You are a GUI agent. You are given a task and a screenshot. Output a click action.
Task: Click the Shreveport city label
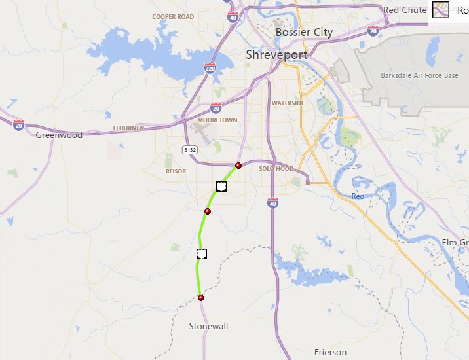(276, 55)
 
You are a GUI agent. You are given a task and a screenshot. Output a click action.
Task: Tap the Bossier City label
(304, 32)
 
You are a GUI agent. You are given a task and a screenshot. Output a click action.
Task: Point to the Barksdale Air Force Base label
(419, 75)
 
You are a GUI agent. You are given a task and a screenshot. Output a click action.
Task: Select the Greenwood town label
(59, 135)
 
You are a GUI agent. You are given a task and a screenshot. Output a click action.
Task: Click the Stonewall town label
(208, 326)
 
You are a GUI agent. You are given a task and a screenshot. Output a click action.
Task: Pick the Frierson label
(330, 352)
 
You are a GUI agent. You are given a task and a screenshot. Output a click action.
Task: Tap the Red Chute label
(404, 10)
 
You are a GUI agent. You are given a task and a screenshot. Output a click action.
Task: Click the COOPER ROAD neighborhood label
(173, 17)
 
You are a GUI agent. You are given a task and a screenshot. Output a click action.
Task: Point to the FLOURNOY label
(128, 128)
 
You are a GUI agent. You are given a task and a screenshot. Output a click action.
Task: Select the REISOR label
(176, 171)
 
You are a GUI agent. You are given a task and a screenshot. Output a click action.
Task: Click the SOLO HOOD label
(276, 169)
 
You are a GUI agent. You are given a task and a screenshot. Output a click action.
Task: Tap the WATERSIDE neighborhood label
(288, 103)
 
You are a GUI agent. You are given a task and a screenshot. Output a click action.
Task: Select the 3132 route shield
(190, 150)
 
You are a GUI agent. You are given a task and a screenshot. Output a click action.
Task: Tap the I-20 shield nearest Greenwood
(18, 125)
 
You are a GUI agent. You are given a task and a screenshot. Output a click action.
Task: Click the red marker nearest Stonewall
(201, 298)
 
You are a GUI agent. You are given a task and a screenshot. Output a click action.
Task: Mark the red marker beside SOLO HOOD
(238, 166)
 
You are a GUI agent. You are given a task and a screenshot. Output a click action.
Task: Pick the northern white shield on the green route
(221, 187)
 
